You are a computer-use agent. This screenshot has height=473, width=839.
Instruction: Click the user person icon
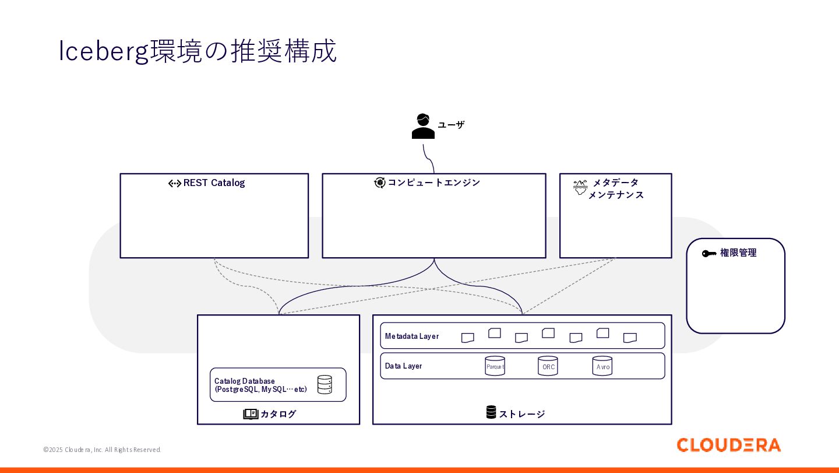point(423,127)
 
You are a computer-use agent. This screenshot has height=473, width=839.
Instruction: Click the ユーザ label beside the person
point(451,125)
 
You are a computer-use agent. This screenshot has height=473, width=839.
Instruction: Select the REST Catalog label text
point(214,183)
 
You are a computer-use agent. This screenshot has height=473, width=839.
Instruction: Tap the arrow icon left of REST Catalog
point(175,183)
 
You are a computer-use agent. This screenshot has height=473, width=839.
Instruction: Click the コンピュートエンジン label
point(433,183)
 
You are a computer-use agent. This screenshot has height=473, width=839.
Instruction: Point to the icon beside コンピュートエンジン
point(379,183)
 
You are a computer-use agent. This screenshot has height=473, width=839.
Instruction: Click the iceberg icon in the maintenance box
point(580,187)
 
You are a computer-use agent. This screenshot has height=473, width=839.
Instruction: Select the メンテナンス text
point(616,195)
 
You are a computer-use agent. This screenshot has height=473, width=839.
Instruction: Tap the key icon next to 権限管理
point(709,254)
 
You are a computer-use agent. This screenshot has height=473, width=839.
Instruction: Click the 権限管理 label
point(738,253)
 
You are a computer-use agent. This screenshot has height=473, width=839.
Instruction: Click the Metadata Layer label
point(411,336)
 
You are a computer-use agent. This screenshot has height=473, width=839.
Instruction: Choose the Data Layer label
point(403,366)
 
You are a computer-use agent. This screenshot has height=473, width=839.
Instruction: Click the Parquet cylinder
point(495,366)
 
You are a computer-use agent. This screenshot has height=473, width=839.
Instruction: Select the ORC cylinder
point(548,366)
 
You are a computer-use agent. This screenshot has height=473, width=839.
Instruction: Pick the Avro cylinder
point(602,366)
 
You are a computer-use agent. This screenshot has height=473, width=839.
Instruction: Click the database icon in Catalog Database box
point(325,384)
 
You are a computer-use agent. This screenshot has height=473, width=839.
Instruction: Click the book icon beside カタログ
point(251,414)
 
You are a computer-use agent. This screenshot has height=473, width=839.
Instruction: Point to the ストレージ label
point(522,414)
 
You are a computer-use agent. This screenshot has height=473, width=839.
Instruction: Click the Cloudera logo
point(728,445)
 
